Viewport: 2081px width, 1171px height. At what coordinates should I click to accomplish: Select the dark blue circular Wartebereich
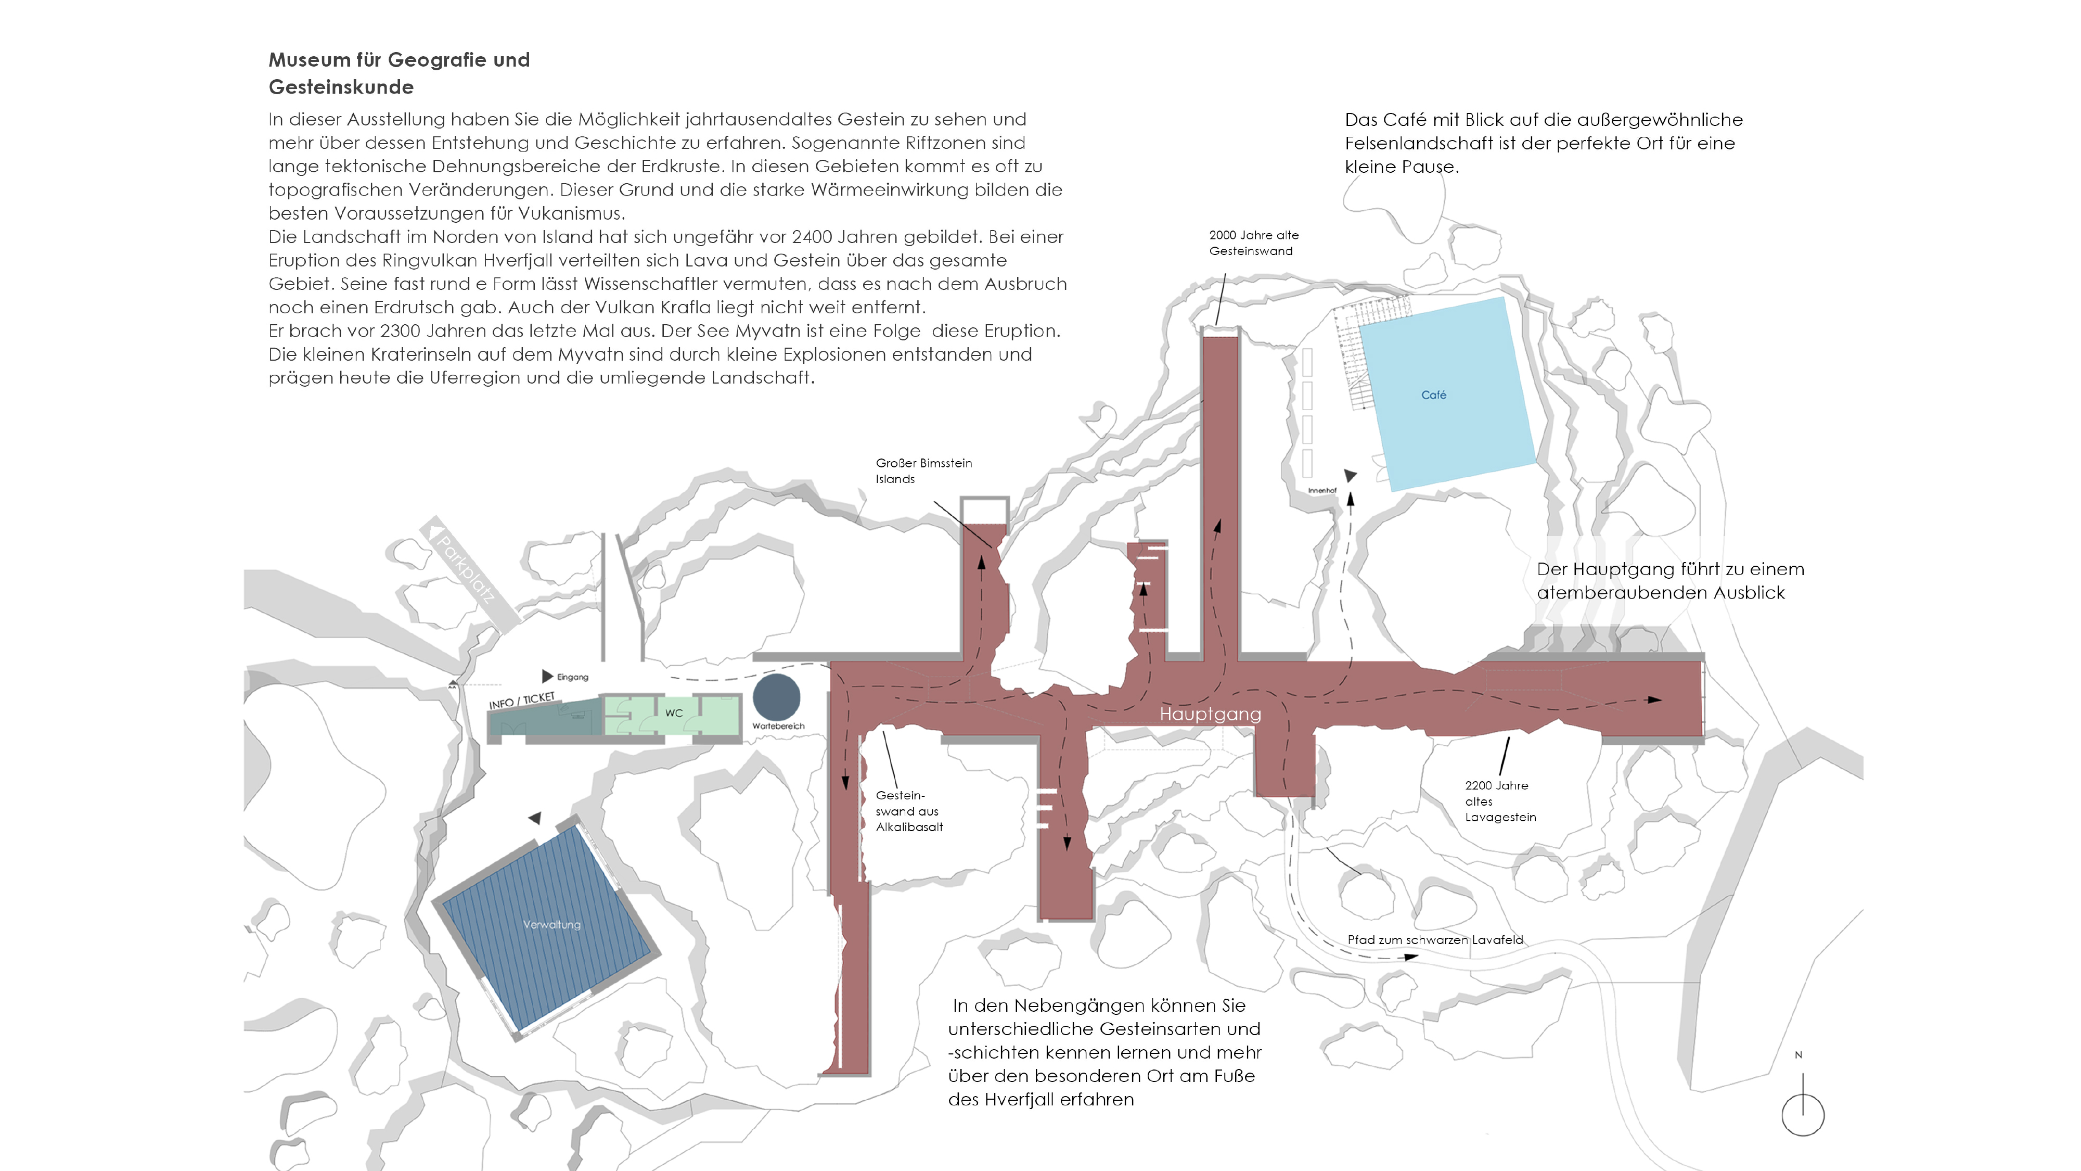[776, 697]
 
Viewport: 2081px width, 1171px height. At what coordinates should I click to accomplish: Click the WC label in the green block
[674, 713]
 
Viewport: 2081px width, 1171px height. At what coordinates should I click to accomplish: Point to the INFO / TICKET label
[522, 701]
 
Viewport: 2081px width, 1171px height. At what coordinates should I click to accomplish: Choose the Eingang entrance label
[573, 677]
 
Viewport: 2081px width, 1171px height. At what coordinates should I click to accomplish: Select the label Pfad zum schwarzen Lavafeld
[1435, 940]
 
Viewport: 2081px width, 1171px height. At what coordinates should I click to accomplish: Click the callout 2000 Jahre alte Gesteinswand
[1254, 243]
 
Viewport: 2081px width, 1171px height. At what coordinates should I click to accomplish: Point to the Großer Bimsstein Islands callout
[923, 470]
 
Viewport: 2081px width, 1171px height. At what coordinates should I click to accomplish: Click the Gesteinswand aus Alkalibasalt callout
[909, 810]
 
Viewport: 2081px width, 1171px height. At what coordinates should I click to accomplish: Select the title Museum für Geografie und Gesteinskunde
[399, 73]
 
